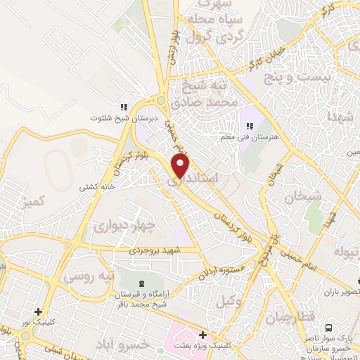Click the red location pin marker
(181, 166)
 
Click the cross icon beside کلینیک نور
(37, 311)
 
